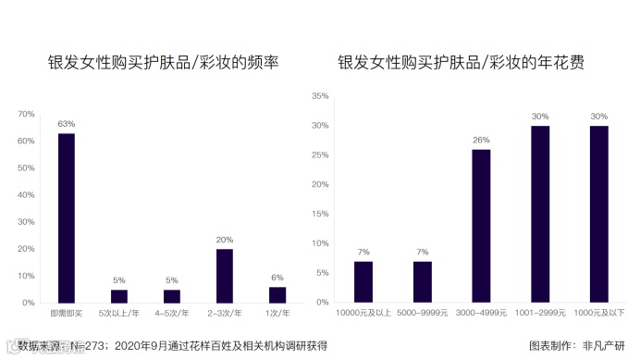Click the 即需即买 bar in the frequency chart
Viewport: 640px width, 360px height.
click(67, 217)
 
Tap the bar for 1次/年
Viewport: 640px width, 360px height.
click(277, 294)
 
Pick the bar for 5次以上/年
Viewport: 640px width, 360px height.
click(119, 296)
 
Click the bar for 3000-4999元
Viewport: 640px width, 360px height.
click(481, 226)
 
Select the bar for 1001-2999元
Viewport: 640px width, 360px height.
click(540, 214)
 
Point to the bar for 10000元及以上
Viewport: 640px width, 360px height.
click(363, 281)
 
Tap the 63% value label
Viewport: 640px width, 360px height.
click(67, 124)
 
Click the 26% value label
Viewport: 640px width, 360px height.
click(481, 141)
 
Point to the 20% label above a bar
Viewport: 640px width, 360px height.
click(225, 240)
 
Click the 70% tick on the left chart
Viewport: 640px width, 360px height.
click(26, 115)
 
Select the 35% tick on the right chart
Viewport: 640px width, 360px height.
click(321, 96)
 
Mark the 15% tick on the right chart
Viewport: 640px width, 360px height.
click(321, 214)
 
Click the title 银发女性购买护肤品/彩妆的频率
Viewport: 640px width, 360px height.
click(164, 63)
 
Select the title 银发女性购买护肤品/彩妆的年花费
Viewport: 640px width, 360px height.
click(466, 63)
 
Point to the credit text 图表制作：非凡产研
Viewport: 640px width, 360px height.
click(576, 346)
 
